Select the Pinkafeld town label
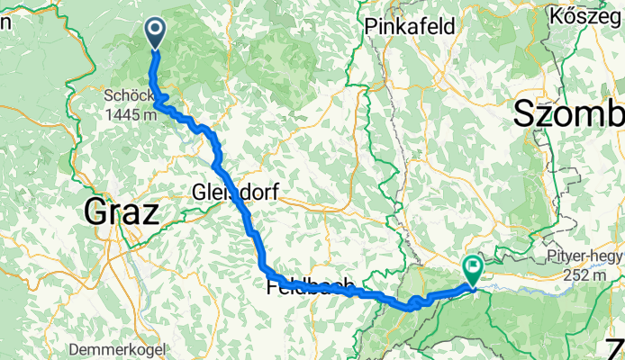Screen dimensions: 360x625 pyautogui.click(x=404, y=27)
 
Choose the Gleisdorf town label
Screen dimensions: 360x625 pyautogui.click(x=235, y=191)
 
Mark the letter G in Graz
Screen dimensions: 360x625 pyautogui.click(x=96, y=212)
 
